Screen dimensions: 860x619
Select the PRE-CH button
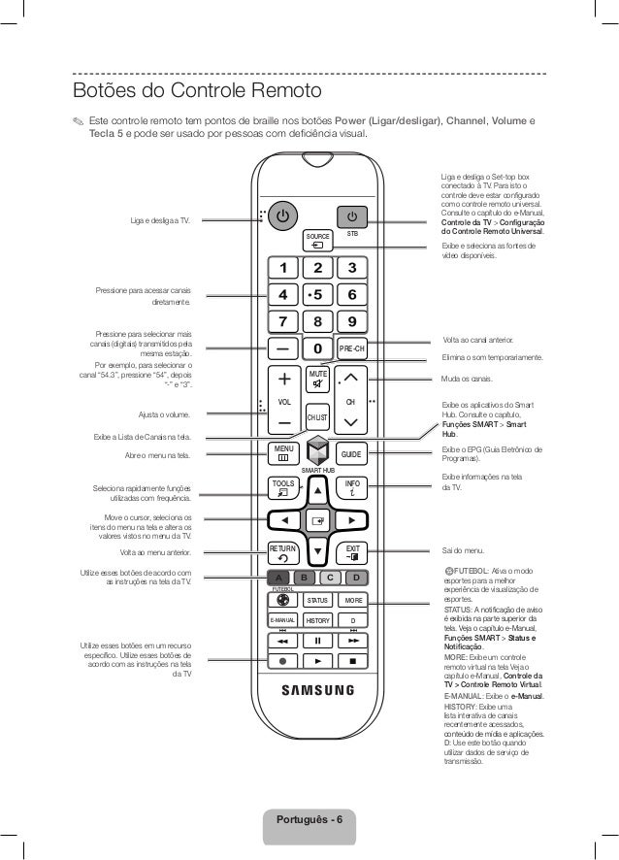click(351, 348)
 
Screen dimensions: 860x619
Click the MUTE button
click(317, 380)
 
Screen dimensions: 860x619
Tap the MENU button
click(283, 453)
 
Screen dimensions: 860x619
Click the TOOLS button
click(283, 487)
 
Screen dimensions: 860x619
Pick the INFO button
click(351, 487)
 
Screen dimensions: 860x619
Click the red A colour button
click(277, 579)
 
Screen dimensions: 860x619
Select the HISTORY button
click(318, 620)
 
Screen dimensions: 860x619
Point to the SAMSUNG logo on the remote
click(317, 692)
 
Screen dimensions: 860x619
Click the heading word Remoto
click(282, 91)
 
